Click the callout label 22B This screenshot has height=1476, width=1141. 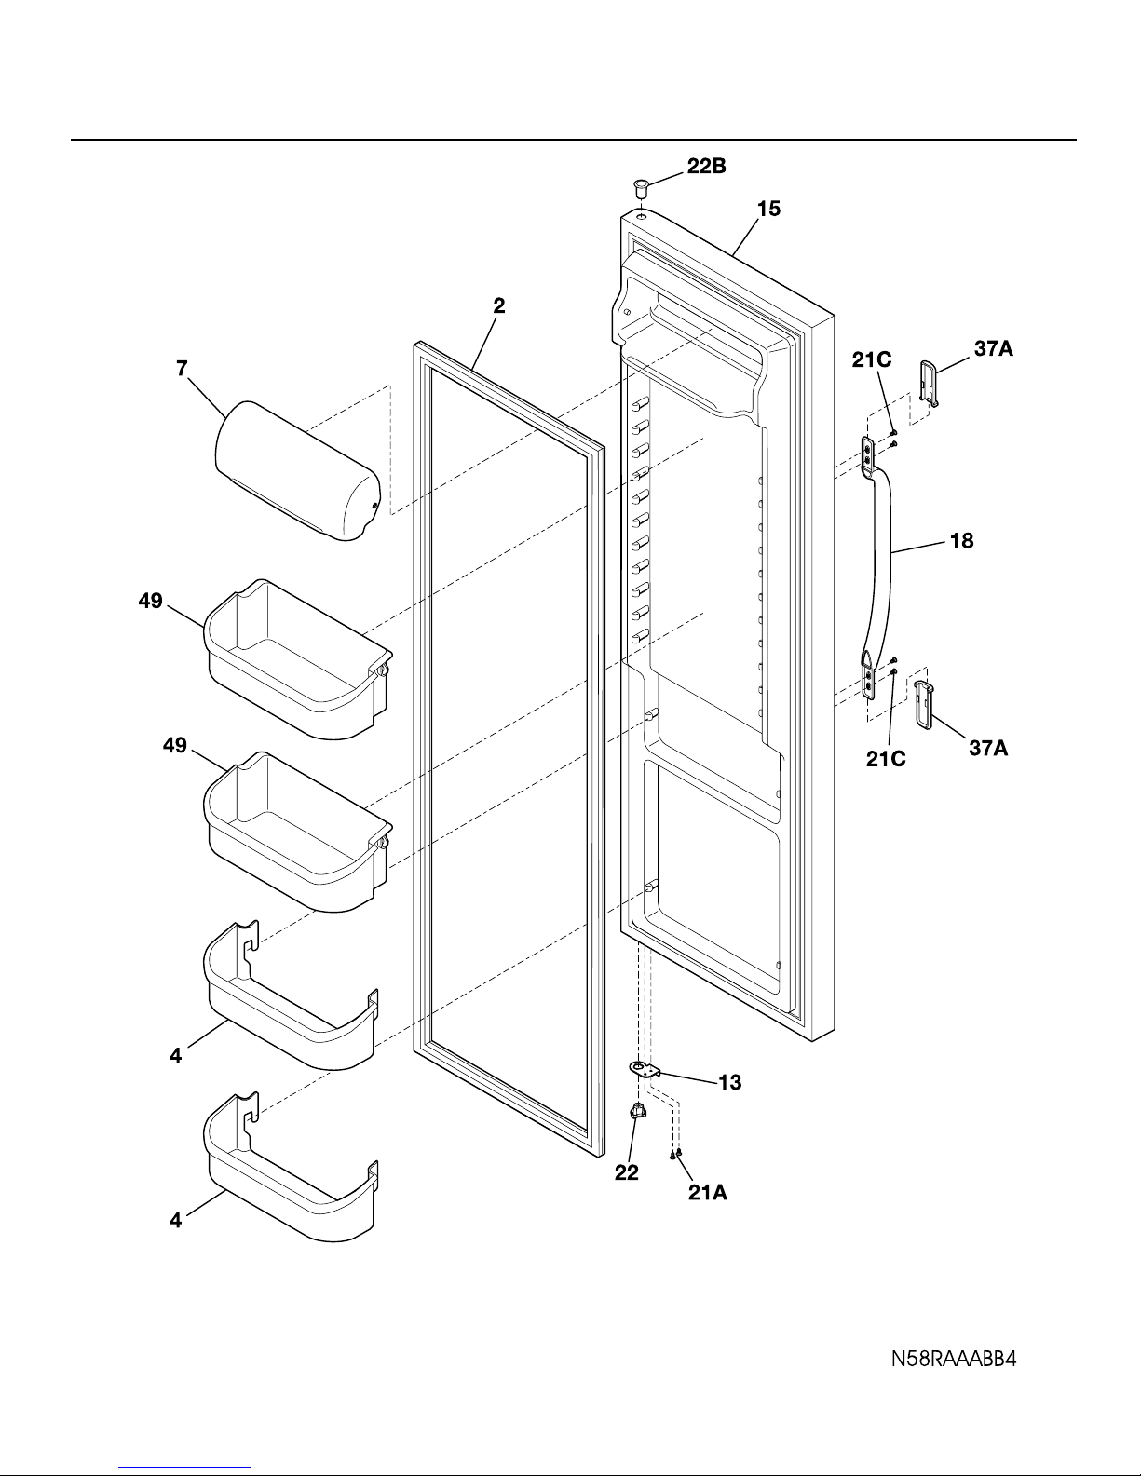tap(706, 166)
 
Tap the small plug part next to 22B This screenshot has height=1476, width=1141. tap(641, 187)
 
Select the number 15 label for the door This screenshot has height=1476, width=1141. tap(768, 209)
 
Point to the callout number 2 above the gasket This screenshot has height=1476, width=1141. tap(499, 305)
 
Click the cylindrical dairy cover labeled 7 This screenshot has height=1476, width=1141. tap(297, 470)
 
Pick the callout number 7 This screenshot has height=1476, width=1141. tap(182, 368)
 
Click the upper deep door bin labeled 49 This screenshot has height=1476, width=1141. tap(298, 659)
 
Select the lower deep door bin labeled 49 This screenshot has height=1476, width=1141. tap(298, 832)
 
